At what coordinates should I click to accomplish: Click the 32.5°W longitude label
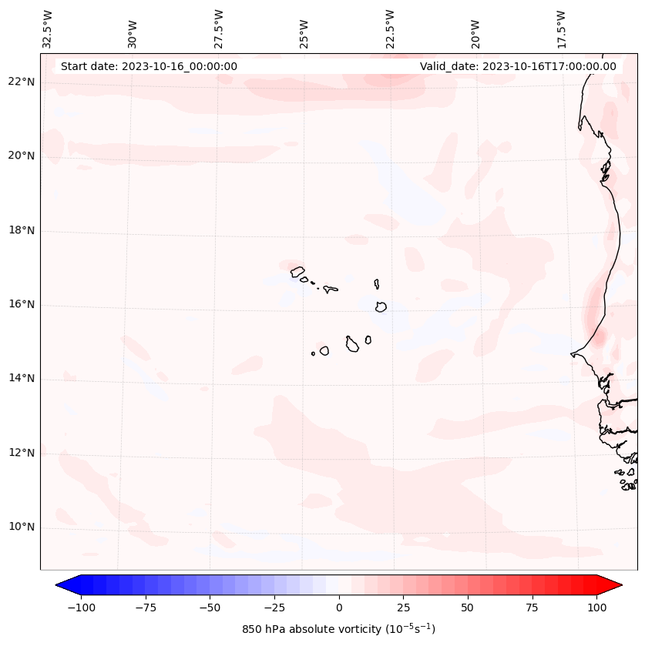point(48,28)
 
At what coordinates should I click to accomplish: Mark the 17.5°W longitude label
point(561,28)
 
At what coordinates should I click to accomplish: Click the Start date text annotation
point(149,66)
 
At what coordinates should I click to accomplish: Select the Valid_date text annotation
point(518,66)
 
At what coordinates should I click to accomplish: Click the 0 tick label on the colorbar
point(339,608)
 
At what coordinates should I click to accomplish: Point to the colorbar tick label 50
point(467,608)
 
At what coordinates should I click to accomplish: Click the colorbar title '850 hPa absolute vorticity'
point(338,629)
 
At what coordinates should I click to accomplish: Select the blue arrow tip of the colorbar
point(63,586)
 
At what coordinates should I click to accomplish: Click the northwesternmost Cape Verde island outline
point(297,271)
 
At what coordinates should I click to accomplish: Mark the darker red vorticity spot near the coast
point(598,336)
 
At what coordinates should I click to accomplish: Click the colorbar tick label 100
point(596,608)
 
